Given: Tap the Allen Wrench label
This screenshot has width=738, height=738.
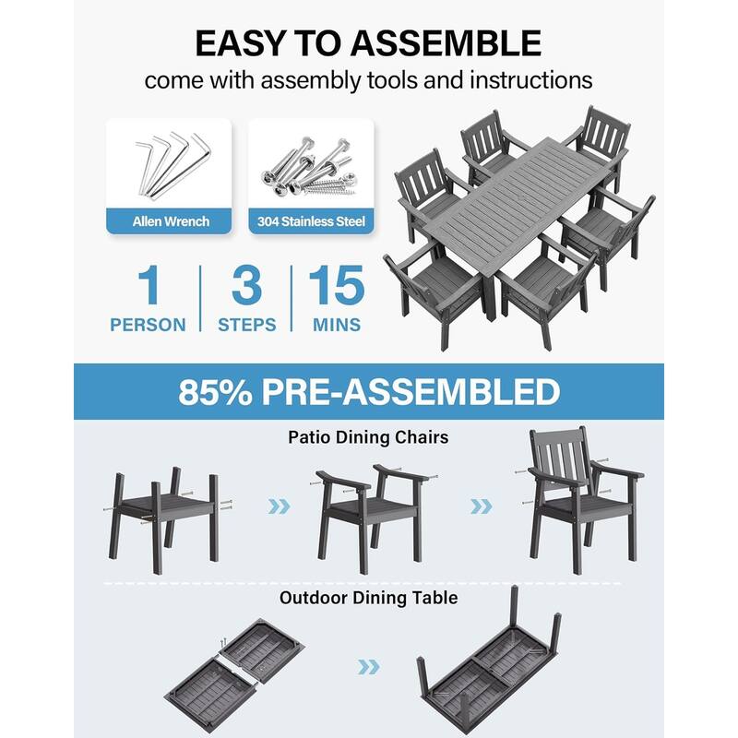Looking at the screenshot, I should point(170,221).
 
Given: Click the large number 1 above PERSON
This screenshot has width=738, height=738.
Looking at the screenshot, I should point(147,287).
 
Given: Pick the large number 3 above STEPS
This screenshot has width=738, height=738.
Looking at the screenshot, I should point(246,287).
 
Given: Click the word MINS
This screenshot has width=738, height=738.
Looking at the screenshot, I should point(337,325).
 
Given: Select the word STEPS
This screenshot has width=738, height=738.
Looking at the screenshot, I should point(246,325).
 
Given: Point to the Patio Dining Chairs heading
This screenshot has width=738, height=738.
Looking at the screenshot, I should point(368,437).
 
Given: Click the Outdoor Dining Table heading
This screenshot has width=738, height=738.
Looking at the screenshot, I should point(368,598).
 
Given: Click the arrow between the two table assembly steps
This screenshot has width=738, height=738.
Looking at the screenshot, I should point(368,666).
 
